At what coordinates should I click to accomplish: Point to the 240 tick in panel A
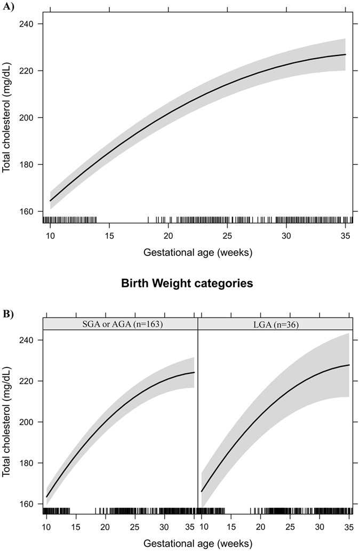[29, 24]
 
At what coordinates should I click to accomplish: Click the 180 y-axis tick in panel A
[29, 164]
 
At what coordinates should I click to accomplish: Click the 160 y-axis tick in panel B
[29, 504]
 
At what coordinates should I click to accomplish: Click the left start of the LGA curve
[202, 491]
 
